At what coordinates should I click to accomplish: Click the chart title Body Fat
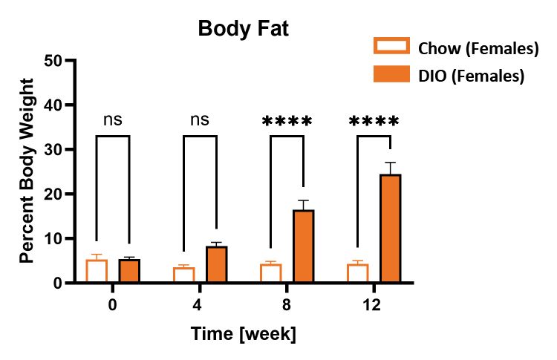(x=244, y=29)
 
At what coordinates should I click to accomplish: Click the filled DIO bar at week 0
(x=129, y=271)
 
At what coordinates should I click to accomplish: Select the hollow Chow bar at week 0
(x=97, y=271)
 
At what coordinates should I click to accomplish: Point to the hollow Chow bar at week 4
(x=183, y=275)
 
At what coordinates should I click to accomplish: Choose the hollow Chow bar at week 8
(x=270, y=273)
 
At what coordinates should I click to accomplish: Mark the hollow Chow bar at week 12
(x=357, y=273)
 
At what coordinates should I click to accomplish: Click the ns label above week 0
(x=113, y=120)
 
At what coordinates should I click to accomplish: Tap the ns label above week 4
(x=200, y=120)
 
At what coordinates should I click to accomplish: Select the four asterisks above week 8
(x=287, y=122)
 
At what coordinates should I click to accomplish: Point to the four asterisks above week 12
(x=374, y=122)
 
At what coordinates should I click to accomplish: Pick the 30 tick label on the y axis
(x=54, y=149)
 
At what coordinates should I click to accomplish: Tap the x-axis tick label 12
(x=374, y=304)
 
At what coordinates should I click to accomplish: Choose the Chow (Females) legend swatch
(x=391, y=48)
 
